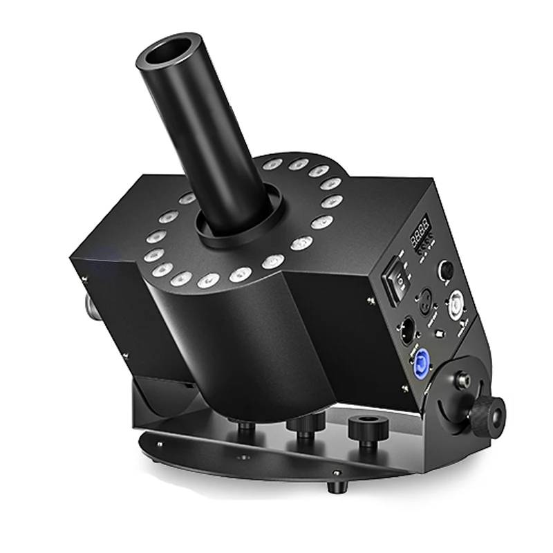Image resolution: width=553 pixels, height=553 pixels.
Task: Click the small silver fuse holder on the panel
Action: coord(441,337)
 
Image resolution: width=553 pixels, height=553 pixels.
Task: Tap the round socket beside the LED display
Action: coord(447,270)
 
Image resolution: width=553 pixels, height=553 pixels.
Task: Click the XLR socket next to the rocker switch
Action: coord(424,299)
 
